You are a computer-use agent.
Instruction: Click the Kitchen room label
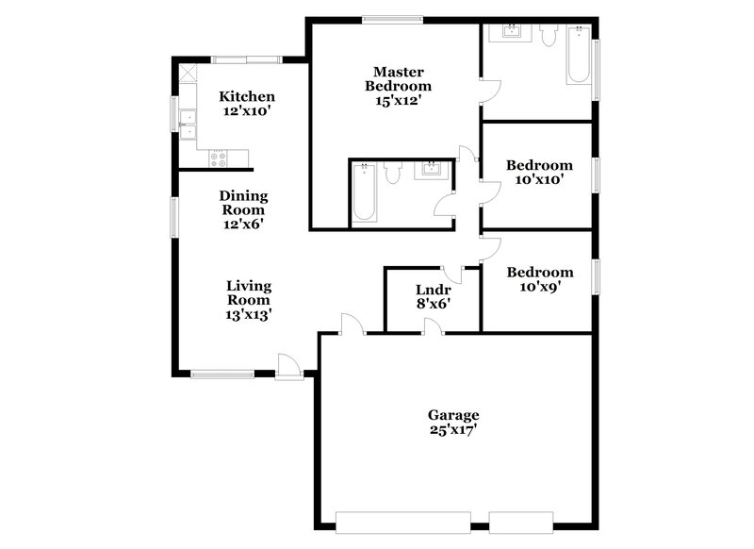[x=247, y=96]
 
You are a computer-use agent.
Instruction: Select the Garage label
[x=453, y=415]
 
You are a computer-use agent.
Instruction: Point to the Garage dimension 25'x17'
[x=453, y=430]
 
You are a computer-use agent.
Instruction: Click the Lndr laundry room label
[x=434, y=290]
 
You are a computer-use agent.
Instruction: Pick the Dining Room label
[x=244, y=203]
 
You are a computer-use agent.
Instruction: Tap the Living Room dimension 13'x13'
[x=249, y=315]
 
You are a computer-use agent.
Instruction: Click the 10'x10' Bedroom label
[x=539, y=166]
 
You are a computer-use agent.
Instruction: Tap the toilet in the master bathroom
[x=394, y=172]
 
